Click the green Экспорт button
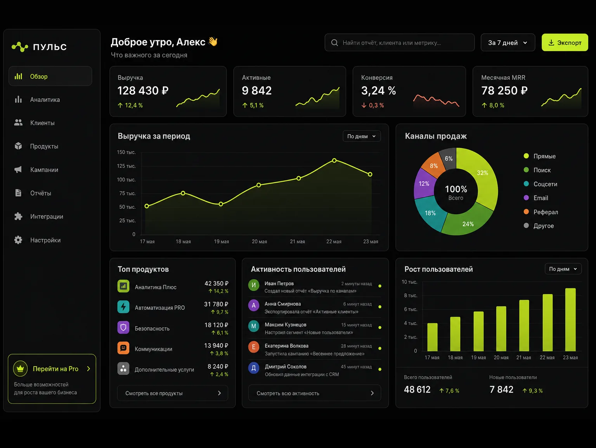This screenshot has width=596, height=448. (565, 42)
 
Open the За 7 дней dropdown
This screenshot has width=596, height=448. (508, 42)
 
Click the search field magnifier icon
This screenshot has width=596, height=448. (334, 43)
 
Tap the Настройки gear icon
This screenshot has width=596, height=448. (18, 240)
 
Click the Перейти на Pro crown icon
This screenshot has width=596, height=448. (20, 368)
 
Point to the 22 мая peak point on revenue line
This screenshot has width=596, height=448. (334, 161)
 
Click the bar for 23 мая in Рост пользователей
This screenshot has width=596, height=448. (570, 320)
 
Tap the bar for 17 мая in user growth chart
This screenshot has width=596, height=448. (432, 337)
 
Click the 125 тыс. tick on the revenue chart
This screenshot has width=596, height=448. (126, 166)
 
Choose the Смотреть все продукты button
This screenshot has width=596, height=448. (172, 393)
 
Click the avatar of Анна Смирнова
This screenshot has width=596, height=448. (254, 306)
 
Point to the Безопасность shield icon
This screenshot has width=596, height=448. (123, 327)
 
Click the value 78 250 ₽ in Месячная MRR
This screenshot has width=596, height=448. (504, 90)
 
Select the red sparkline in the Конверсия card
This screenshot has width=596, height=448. (436, 100)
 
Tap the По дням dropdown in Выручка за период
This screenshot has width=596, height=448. (362, 136)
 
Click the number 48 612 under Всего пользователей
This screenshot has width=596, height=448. (417, 390)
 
